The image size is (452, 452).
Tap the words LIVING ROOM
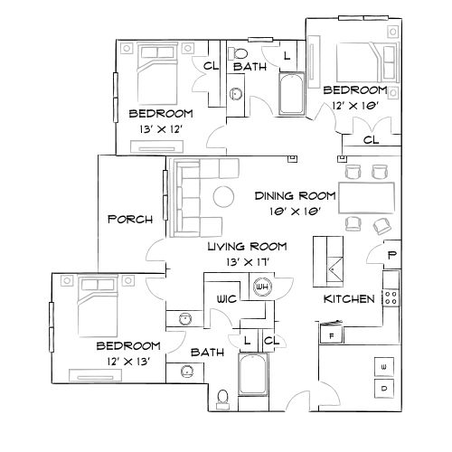pos(247,246)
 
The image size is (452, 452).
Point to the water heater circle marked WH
pos(264,287)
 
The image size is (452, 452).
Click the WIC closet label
pos(226,297)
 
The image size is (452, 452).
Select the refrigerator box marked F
pos(332,334)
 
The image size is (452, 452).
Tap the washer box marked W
pos(385,365)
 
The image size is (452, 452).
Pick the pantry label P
pos(391,255)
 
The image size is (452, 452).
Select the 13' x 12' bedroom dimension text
pos(161,129)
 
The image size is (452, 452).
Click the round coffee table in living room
pos(222,196)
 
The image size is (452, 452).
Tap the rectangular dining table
pos(367,194)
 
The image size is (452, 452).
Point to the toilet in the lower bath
pos(222,396)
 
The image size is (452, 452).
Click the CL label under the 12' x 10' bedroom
pos(370,140)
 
